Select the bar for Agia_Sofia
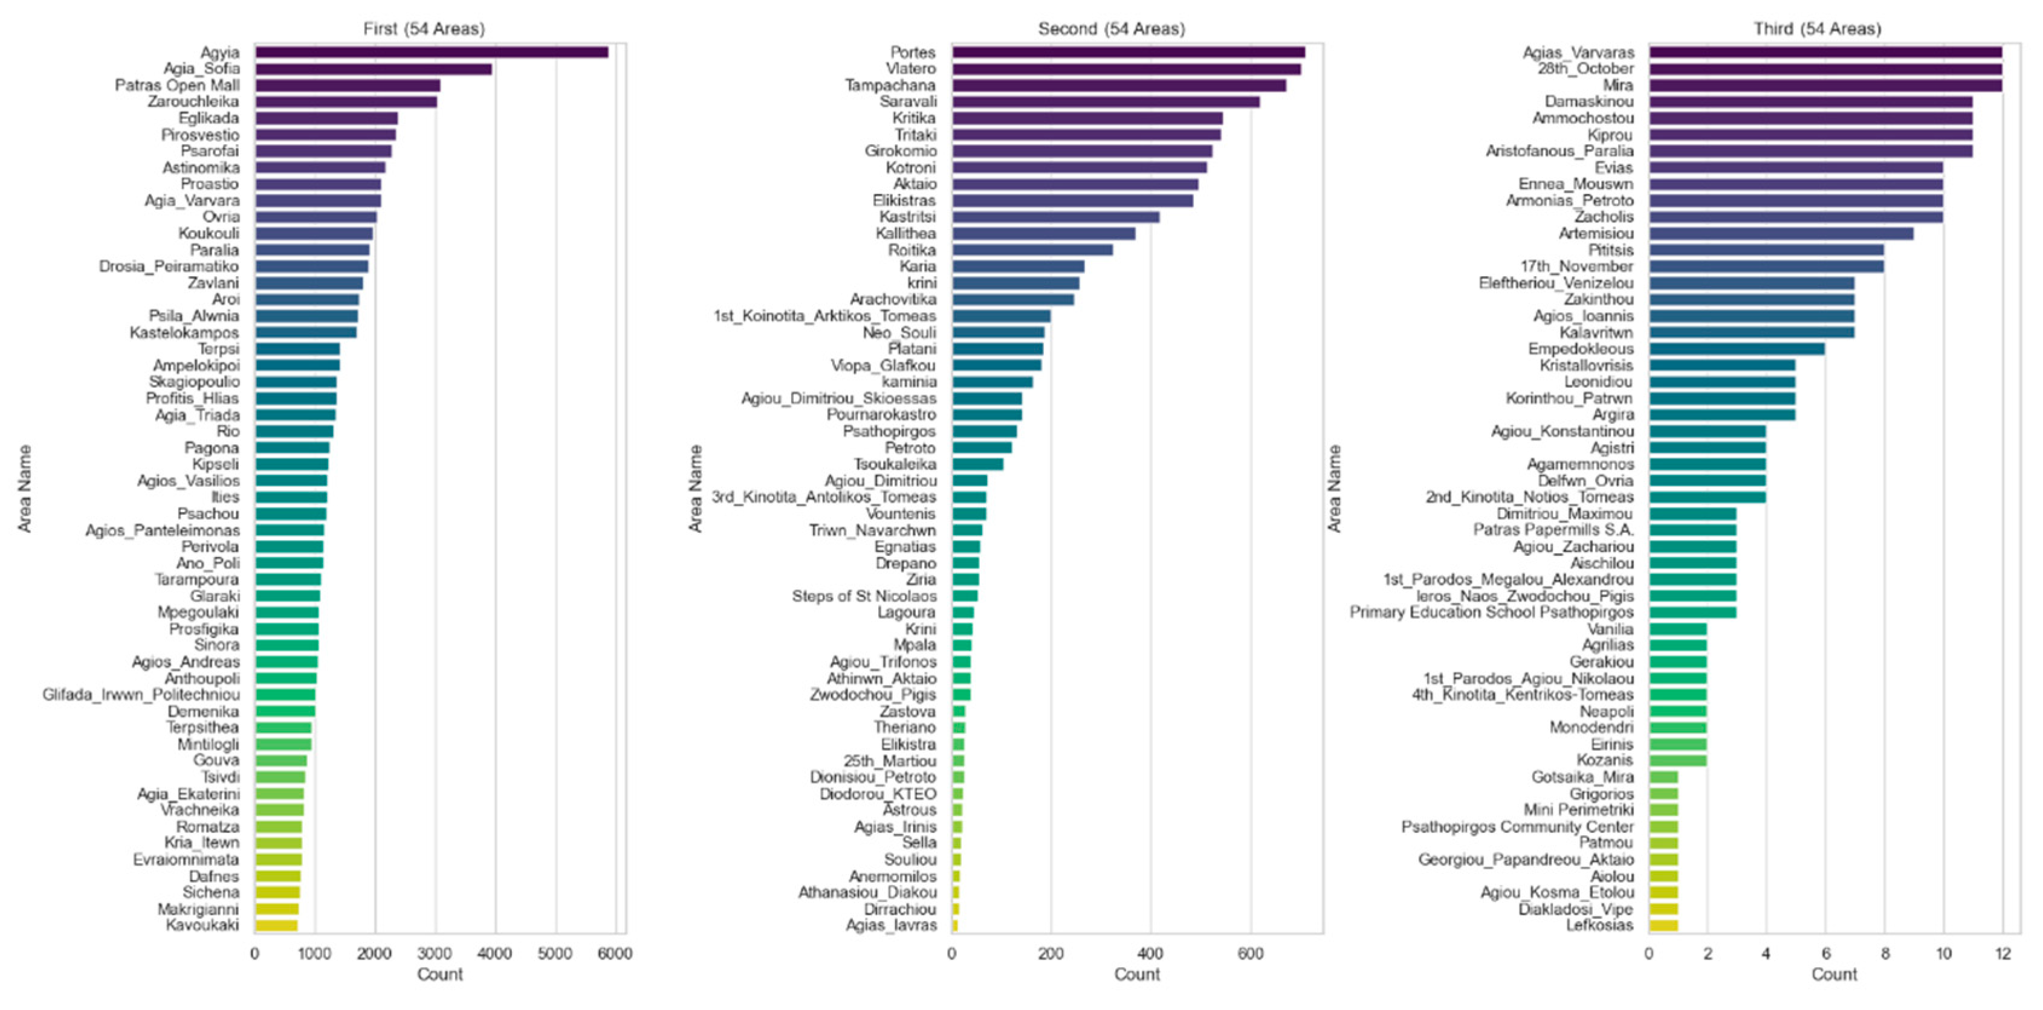coord(373,69)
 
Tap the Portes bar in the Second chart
coord(1128,53)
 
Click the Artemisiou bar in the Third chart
coord(1781,233)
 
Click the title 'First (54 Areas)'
coord(424,28)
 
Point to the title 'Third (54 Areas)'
coord(1816,28)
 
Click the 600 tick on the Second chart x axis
coord(1250,954)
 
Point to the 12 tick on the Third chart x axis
coord(2003,954)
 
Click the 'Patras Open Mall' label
coord(177,85)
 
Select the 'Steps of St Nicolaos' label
coord(864,596)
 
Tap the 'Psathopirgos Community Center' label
coord(1517,827)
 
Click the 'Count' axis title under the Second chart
coord(1136,974)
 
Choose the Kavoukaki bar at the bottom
coord(276,925)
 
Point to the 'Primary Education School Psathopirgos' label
coord(1491,612)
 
